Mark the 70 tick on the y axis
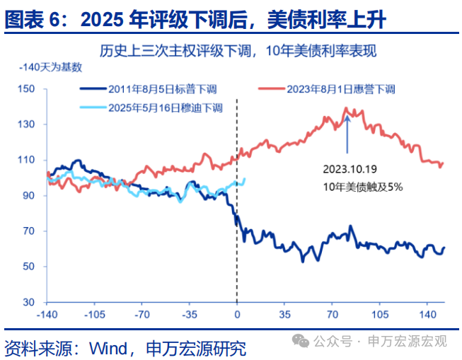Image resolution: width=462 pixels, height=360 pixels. click(28, 231)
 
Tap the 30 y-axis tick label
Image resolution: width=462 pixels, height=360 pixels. click(28, 302)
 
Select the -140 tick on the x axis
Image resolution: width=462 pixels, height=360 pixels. click(47, 314)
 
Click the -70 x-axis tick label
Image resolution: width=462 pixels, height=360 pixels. click(142, 314)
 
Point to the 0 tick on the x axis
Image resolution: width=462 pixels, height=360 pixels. click(236, 314)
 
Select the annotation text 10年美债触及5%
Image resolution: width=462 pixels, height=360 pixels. click(362, 187)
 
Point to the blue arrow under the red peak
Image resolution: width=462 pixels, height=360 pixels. click(347, 135)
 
